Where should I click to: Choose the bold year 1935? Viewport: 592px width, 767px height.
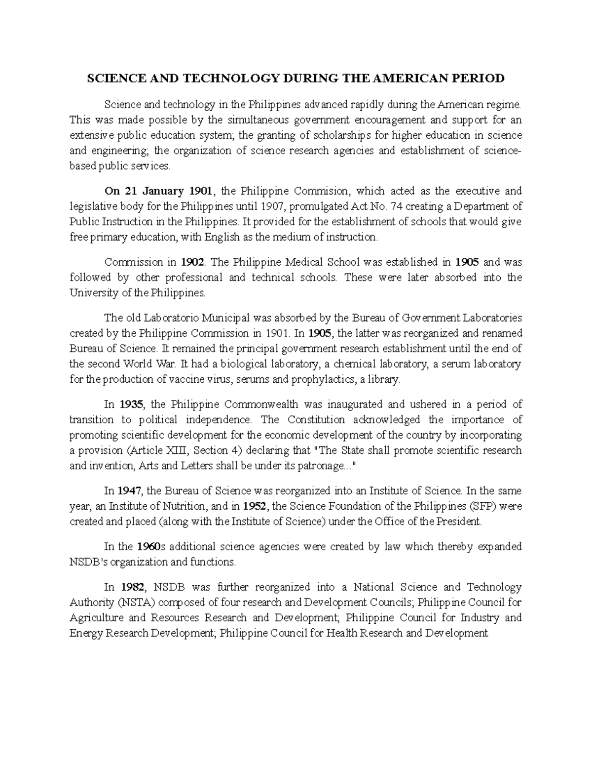(132, 404)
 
